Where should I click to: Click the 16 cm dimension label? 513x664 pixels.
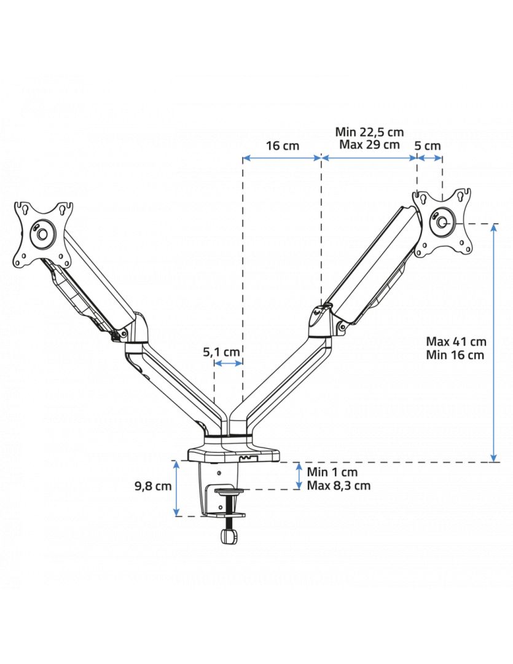click(283, 146)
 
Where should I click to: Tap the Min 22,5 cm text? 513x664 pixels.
click(369, 132)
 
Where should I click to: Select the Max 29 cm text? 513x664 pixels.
click(369, 144)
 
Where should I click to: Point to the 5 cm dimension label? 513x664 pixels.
click(428, 146)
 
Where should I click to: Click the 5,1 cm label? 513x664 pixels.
click(221, 352)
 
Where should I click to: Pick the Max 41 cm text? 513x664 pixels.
click(456, 341)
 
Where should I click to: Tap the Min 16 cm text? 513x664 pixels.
click(455, 355)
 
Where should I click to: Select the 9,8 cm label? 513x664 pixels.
click(153, 486)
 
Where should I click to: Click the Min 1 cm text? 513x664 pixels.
click(332, 472)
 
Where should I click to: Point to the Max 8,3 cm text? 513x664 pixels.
click(339, 485)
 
